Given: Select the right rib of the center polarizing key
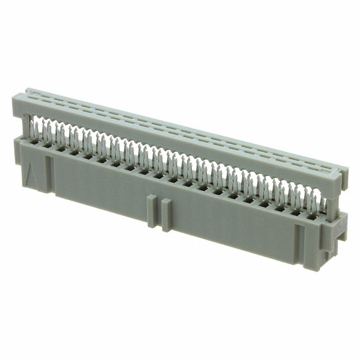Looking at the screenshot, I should click(x=166, y=215).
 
